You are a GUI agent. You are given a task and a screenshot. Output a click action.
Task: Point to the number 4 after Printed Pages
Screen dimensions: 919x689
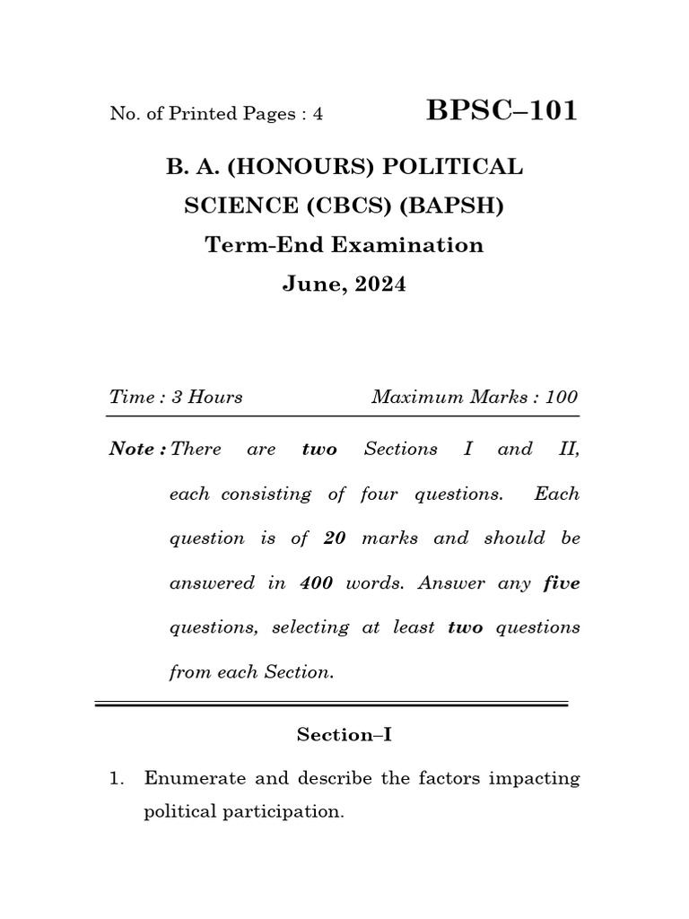[x=317, y=114]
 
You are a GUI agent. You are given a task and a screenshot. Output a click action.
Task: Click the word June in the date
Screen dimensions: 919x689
[x=310, y=284]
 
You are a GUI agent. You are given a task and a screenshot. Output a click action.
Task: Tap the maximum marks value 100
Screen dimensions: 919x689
[x=561, y=397]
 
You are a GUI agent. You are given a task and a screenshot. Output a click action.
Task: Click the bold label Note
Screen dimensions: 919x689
[x=131, y=449]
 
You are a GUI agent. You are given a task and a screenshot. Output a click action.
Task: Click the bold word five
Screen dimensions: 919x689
[x=562, y=582]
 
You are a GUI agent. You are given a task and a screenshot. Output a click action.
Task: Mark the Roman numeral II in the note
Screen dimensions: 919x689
[x=569, y=449]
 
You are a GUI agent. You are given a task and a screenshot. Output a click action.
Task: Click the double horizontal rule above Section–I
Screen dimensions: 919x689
[x=332, y=705]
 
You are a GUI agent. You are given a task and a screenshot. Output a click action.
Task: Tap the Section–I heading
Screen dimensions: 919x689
[x=344, y=735]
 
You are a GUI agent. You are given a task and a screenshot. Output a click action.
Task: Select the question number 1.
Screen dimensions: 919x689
[x=115, y=779]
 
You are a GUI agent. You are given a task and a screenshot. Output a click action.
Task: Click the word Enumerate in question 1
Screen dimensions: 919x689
[x=194, y=779]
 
